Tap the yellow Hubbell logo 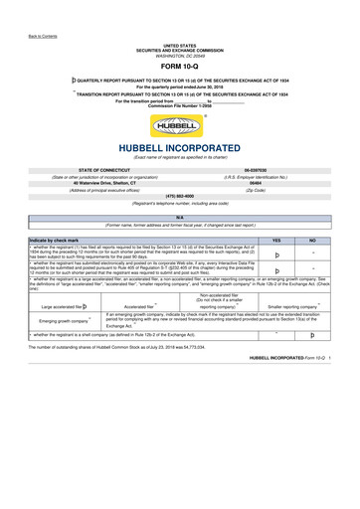pos(179,126)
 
